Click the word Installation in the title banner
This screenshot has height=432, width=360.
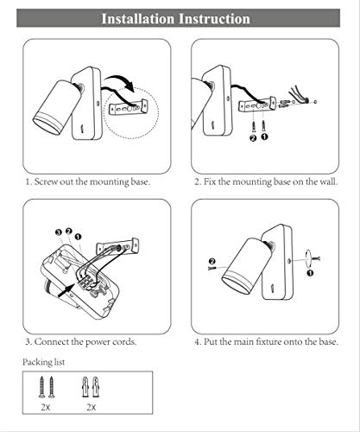coord(138,19)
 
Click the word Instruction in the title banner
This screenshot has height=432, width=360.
coord(214,19)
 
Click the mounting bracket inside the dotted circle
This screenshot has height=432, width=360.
coord(129,107)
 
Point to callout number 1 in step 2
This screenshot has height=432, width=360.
coord(264,137)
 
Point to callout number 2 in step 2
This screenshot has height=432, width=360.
coord(253,138)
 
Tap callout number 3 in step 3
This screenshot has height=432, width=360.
coord(59,232)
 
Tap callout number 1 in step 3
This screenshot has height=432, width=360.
coord(78,237)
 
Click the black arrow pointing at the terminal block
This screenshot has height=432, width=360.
coord(66,290)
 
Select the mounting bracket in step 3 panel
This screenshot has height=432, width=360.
coord(118,247)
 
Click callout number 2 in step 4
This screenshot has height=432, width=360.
coord(212,261)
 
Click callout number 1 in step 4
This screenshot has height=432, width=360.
coord(310,273)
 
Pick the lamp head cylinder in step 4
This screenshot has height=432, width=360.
coord(246,265)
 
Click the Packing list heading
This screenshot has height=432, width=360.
coord(44,362)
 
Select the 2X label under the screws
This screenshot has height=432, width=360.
coord(46,407)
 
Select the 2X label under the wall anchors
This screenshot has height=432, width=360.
coord(92,407)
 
